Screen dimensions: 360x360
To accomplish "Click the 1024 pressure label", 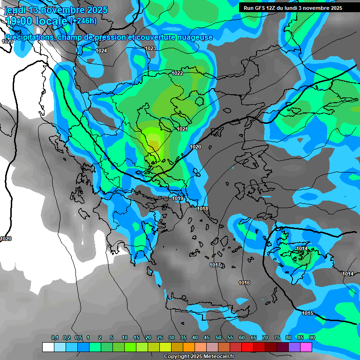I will (101, 51).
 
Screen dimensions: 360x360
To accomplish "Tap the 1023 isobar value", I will (150, 49).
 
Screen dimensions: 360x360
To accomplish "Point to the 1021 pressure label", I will (182, 129).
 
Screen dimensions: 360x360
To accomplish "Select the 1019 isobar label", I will (178, 199).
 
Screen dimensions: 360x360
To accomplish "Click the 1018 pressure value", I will (202, 209).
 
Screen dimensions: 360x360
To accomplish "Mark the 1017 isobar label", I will (215, 265).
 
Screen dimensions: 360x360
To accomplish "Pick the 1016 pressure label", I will (244, 283).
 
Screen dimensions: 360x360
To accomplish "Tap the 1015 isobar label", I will (307, 313).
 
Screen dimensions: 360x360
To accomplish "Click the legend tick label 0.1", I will (54, 338).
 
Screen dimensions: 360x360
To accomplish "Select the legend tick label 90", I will (312, 338).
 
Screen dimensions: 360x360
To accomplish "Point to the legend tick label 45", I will (207, 338).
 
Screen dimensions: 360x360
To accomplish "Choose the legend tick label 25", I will (160, 338).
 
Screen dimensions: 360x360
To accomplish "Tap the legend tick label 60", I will (242, 338).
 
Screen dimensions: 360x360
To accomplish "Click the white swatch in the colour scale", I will (48, 347).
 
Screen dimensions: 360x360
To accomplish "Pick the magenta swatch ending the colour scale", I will (306, 347).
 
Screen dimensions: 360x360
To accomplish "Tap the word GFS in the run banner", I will (261, 8).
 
